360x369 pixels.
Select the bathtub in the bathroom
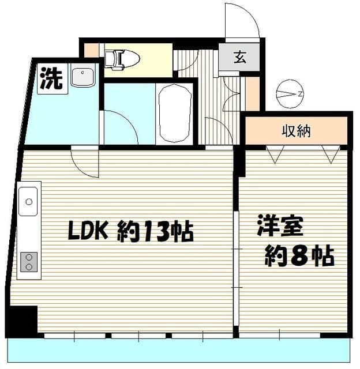174,114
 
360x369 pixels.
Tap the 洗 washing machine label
50,79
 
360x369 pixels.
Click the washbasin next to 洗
83,77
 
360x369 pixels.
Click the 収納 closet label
296,131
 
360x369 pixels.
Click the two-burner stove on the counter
28,262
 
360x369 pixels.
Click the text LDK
87,232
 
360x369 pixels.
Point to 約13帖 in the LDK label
156,232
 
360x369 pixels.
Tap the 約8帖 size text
299,255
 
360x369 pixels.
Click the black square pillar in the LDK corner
22,320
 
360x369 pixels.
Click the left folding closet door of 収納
275,154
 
